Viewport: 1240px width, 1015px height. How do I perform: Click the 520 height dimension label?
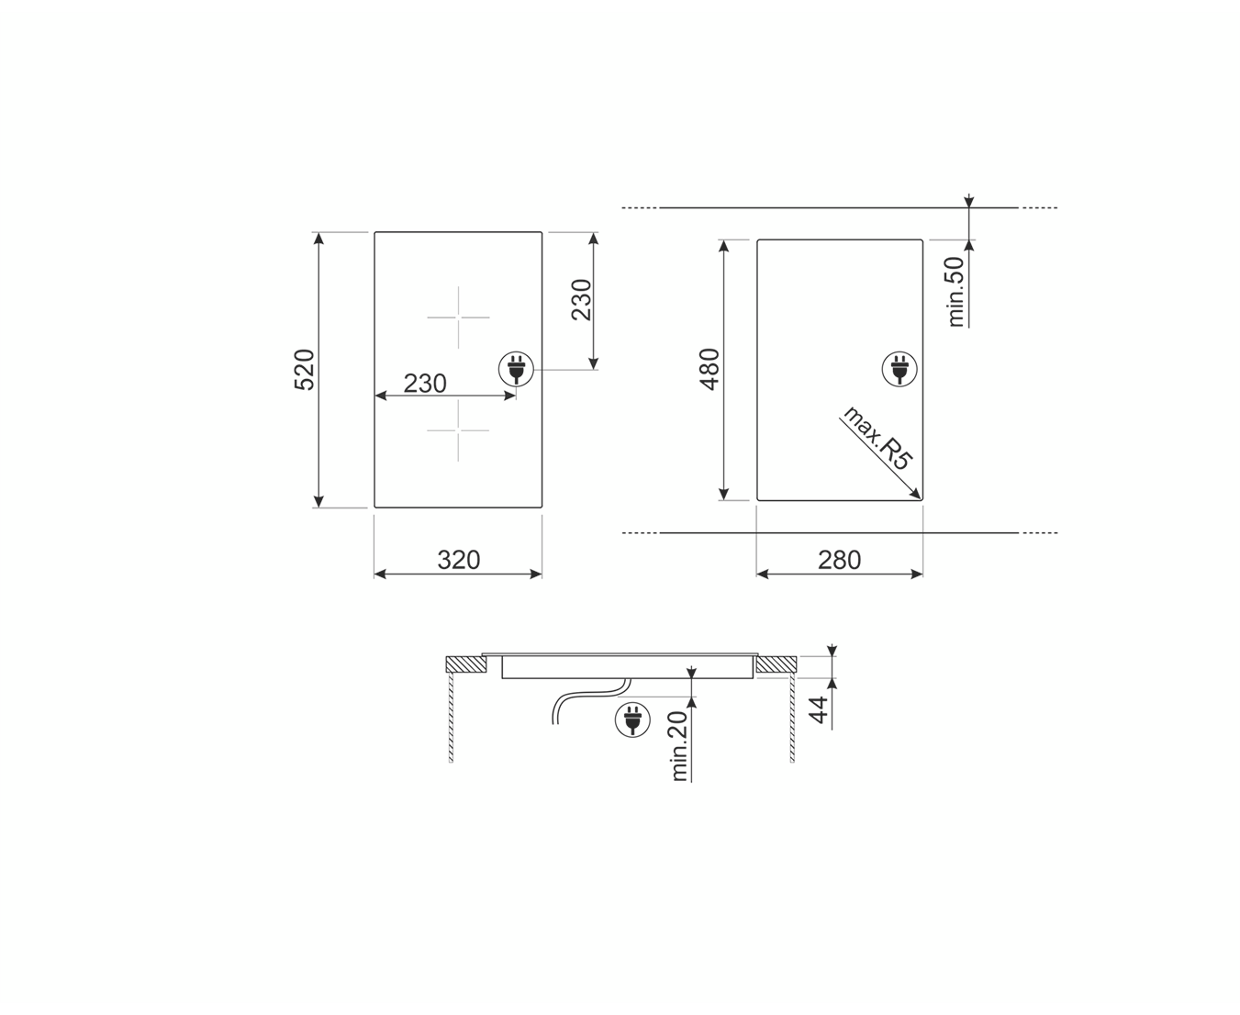click(x=304, y=370)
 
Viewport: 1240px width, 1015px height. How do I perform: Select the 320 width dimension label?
click(x=459, y=560)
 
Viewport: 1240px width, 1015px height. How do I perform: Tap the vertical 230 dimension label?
click(x=582, y=300)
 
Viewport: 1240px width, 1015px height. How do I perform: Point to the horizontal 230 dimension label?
click(x=425, y=384)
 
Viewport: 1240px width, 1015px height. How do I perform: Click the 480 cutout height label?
click(x=709, y=369)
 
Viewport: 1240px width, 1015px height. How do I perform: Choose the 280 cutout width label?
click(x=840, y=560)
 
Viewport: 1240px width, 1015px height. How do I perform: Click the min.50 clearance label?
click(x=956, y=292)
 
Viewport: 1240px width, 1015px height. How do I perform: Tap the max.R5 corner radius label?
click(x=876, y=438)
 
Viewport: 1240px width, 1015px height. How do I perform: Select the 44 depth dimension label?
click(x=819, y=709)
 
